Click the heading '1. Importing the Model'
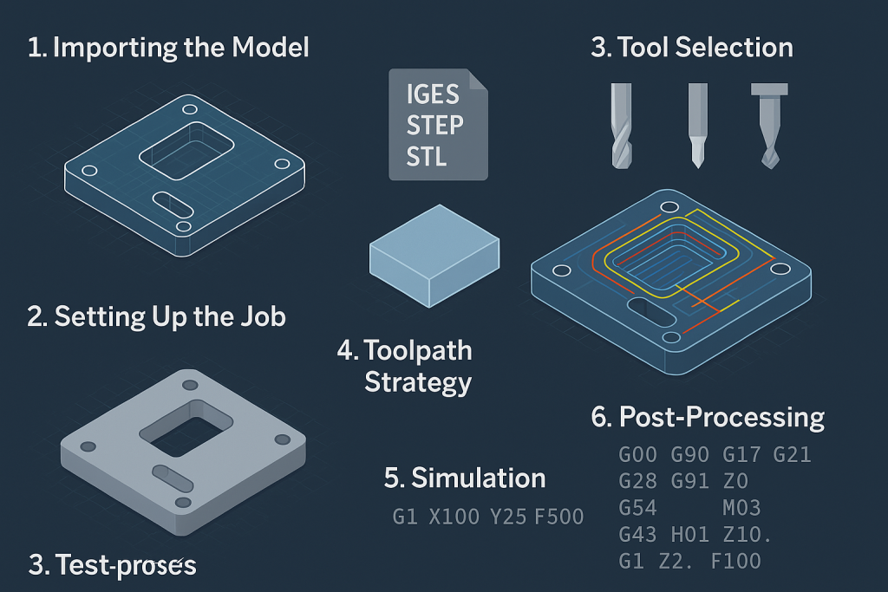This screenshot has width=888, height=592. click(x=168, y=48)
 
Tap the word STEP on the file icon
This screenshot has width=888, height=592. click(x=434, y=125)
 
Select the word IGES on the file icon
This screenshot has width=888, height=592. click(x=432, y=94)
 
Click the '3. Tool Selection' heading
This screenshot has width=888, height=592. click(x=692, y=47)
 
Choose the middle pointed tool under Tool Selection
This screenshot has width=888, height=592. click(x=697, y=125)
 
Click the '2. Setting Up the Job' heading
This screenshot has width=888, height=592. click(x=156, y=316)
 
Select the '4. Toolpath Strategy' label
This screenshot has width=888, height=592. click(x=406, y=366)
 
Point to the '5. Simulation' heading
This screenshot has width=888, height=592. click(x=465, y=478)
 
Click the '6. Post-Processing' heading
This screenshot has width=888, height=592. click(x=708, y=418)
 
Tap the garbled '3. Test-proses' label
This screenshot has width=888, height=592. click(x=113, y=566)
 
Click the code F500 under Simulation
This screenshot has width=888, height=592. click(x=558, y=517)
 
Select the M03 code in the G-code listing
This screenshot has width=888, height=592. click(x=741, y=507)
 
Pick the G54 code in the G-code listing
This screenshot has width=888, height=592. click(x=637, y=507)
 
